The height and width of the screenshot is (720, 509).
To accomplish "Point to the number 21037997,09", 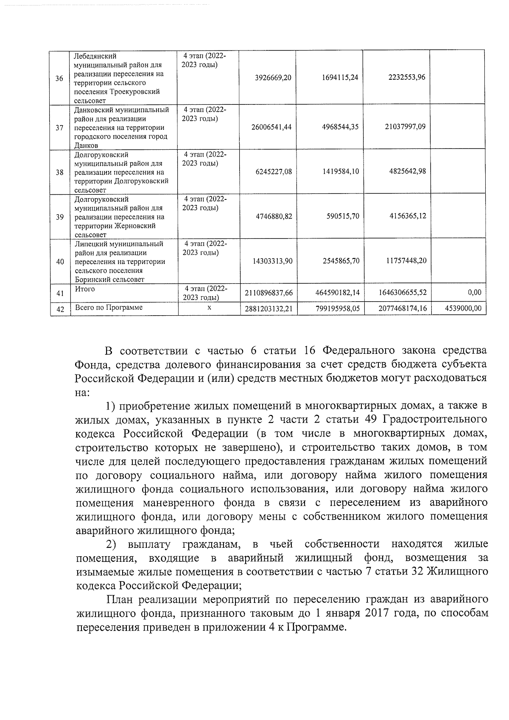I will tap(405, 126).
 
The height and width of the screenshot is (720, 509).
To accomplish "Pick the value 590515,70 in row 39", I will tap(343, 216).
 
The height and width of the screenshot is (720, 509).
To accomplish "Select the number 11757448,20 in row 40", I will tap(406, 261).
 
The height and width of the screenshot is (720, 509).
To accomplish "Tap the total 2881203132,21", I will tap(268, 308).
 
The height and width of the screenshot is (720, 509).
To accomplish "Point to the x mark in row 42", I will tap(209, 308).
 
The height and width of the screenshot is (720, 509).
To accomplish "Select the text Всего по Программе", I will tap(109, 308).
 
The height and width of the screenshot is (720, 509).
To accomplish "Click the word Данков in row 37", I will tap(86, 146).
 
